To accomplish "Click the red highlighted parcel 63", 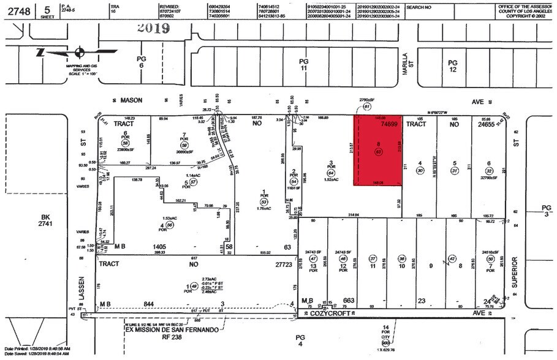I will [x=379, y=150].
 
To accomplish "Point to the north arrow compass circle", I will [x=79, y=53].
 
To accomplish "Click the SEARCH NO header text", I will [x=420, y=7].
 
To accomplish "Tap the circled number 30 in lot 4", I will [x=420, y=171].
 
